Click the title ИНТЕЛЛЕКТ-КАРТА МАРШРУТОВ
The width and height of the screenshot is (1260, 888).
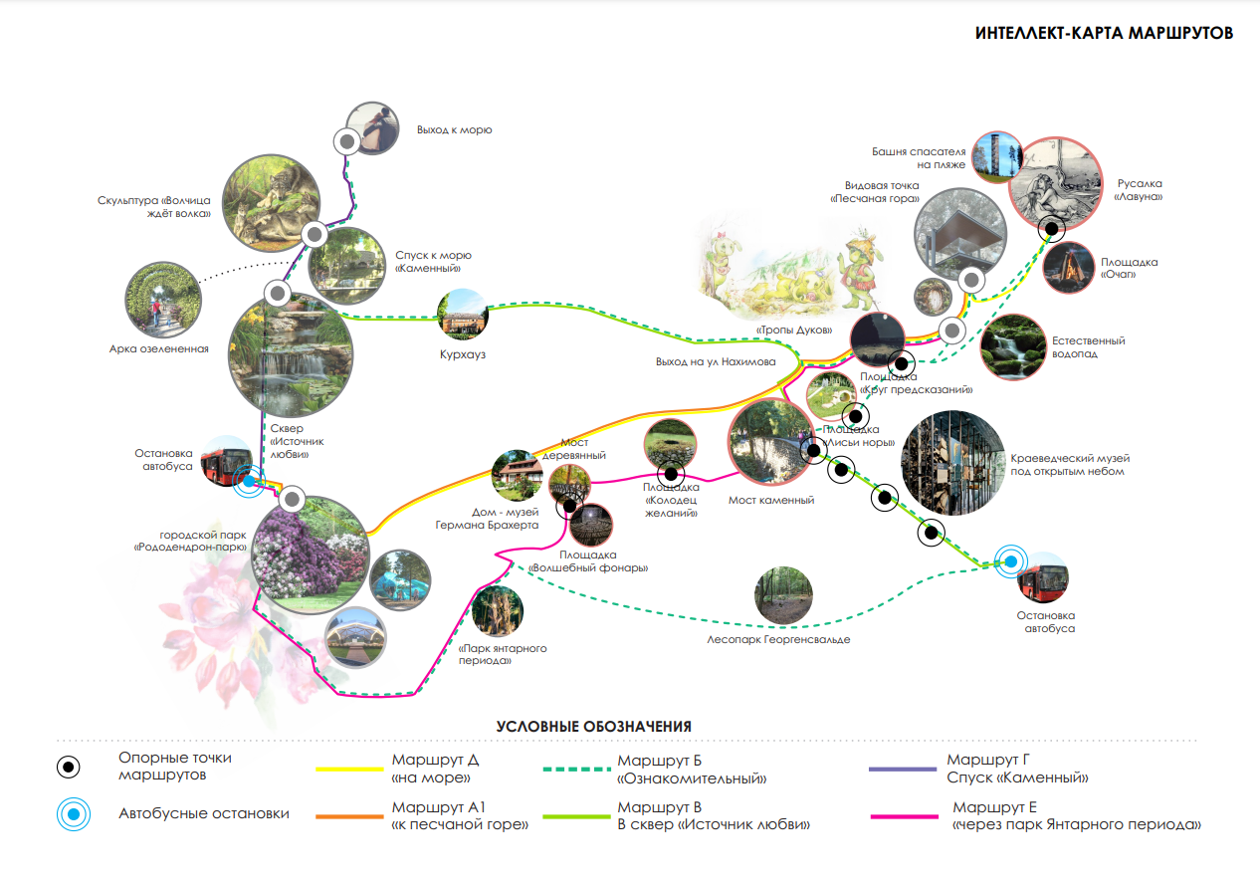click(x=1104, y=33)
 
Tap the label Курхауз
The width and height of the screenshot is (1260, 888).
click(x=462, y=353)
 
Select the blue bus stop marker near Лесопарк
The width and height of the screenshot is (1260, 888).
click(x=1011, y=561)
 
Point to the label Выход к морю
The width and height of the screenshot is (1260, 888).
click(x=454, y=129)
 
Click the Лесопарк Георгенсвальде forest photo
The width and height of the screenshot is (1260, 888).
click(x=783, y=595)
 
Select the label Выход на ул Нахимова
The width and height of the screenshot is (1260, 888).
click(x=715, y=361)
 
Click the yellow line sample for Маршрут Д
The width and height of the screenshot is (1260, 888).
click(x=349, y=770)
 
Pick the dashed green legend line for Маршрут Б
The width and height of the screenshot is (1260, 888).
click(x=575, y=770)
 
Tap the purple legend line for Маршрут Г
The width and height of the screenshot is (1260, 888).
click(x=903, y=770)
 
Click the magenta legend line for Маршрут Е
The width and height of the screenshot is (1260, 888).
click(x=903, y=816)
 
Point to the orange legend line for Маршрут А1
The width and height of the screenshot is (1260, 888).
click(x=349, y=816)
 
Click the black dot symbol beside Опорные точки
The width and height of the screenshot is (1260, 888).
click(x=70, y=767)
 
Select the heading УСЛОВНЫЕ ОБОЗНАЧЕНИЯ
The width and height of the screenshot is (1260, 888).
click(x=593, y=727)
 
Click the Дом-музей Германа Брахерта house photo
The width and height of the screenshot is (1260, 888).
click(x=517, y=476)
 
